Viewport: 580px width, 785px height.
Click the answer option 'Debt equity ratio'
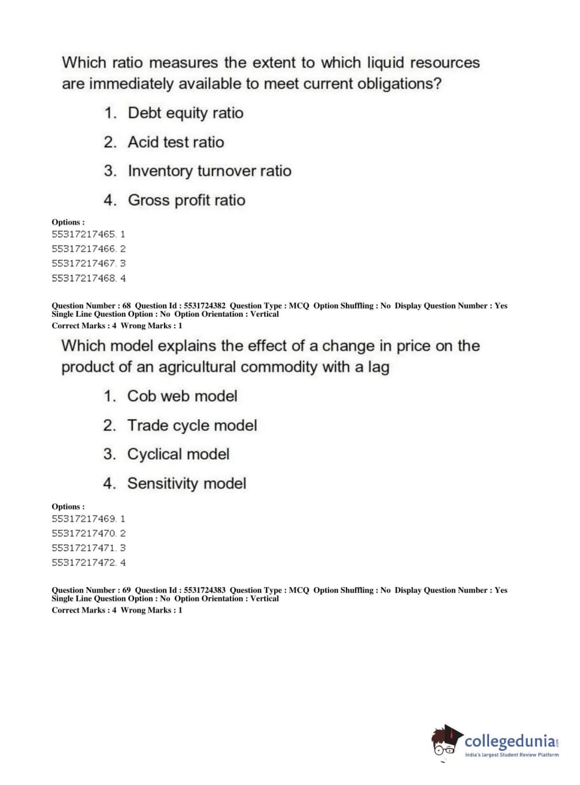[x=185, y=113]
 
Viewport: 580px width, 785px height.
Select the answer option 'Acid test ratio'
[x=176, y=142]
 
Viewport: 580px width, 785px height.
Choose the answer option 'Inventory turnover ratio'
[x=209, y=171]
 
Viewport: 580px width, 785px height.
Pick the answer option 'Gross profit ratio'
[x=186, y=200]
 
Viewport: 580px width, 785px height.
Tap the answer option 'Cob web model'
[x=182, y=396]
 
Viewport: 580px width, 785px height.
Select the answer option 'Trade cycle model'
[x=192, y=425]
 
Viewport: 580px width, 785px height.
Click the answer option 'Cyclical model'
[x=178, y=454]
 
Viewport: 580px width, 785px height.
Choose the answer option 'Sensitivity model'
[x=187, y=483]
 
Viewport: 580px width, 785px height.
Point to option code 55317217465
[x=83, y=234]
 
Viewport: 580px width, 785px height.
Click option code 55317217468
[x=83, y=278]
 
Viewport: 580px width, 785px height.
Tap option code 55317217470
[x=83, y=533]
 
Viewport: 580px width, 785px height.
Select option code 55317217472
[x=83, y=563]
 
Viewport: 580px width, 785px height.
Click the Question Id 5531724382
[x=205, y=306]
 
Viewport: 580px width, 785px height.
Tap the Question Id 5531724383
[x=205, y=590]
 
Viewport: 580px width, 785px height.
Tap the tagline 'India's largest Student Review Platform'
[x=512, y=755]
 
